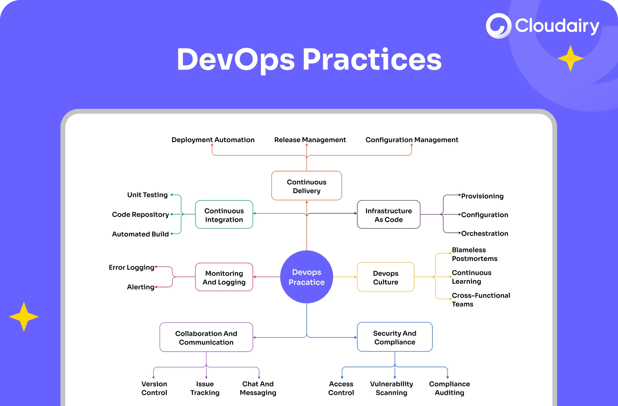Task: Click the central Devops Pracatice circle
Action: [306, 277]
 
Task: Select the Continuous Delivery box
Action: [306, 186]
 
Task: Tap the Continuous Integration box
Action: [224, 215]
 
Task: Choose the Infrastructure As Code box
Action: [388, 215]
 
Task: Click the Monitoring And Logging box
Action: [224, 277]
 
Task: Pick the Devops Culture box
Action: [386, 277]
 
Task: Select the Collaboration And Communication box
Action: [206, 337]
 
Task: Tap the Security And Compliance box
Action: [395, 337]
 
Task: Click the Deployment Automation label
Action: [213, 140]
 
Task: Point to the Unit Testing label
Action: [147, 195]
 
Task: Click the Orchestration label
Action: [485, 233]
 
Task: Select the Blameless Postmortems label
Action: [474, 254]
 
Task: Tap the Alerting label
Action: [141, 287]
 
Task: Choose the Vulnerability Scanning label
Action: [391, 388]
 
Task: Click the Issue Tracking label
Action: [205, 388]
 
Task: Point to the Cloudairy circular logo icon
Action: [498, 26]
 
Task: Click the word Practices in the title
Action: [372, 60]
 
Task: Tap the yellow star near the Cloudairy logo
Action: [570, 58]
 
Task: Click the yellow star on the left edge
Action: [24, 317]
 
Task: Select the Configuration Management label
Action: [412, 140]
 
